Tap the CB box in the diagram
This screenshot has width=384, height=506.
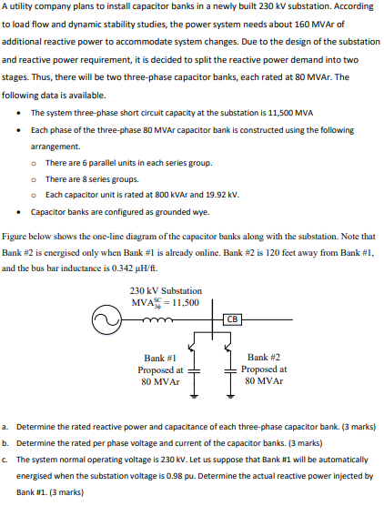(233, 319)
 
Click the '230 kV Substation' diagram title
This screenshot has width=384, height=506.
(167, 291)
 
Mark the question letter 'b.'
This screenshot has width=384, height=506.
(6, 442)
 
